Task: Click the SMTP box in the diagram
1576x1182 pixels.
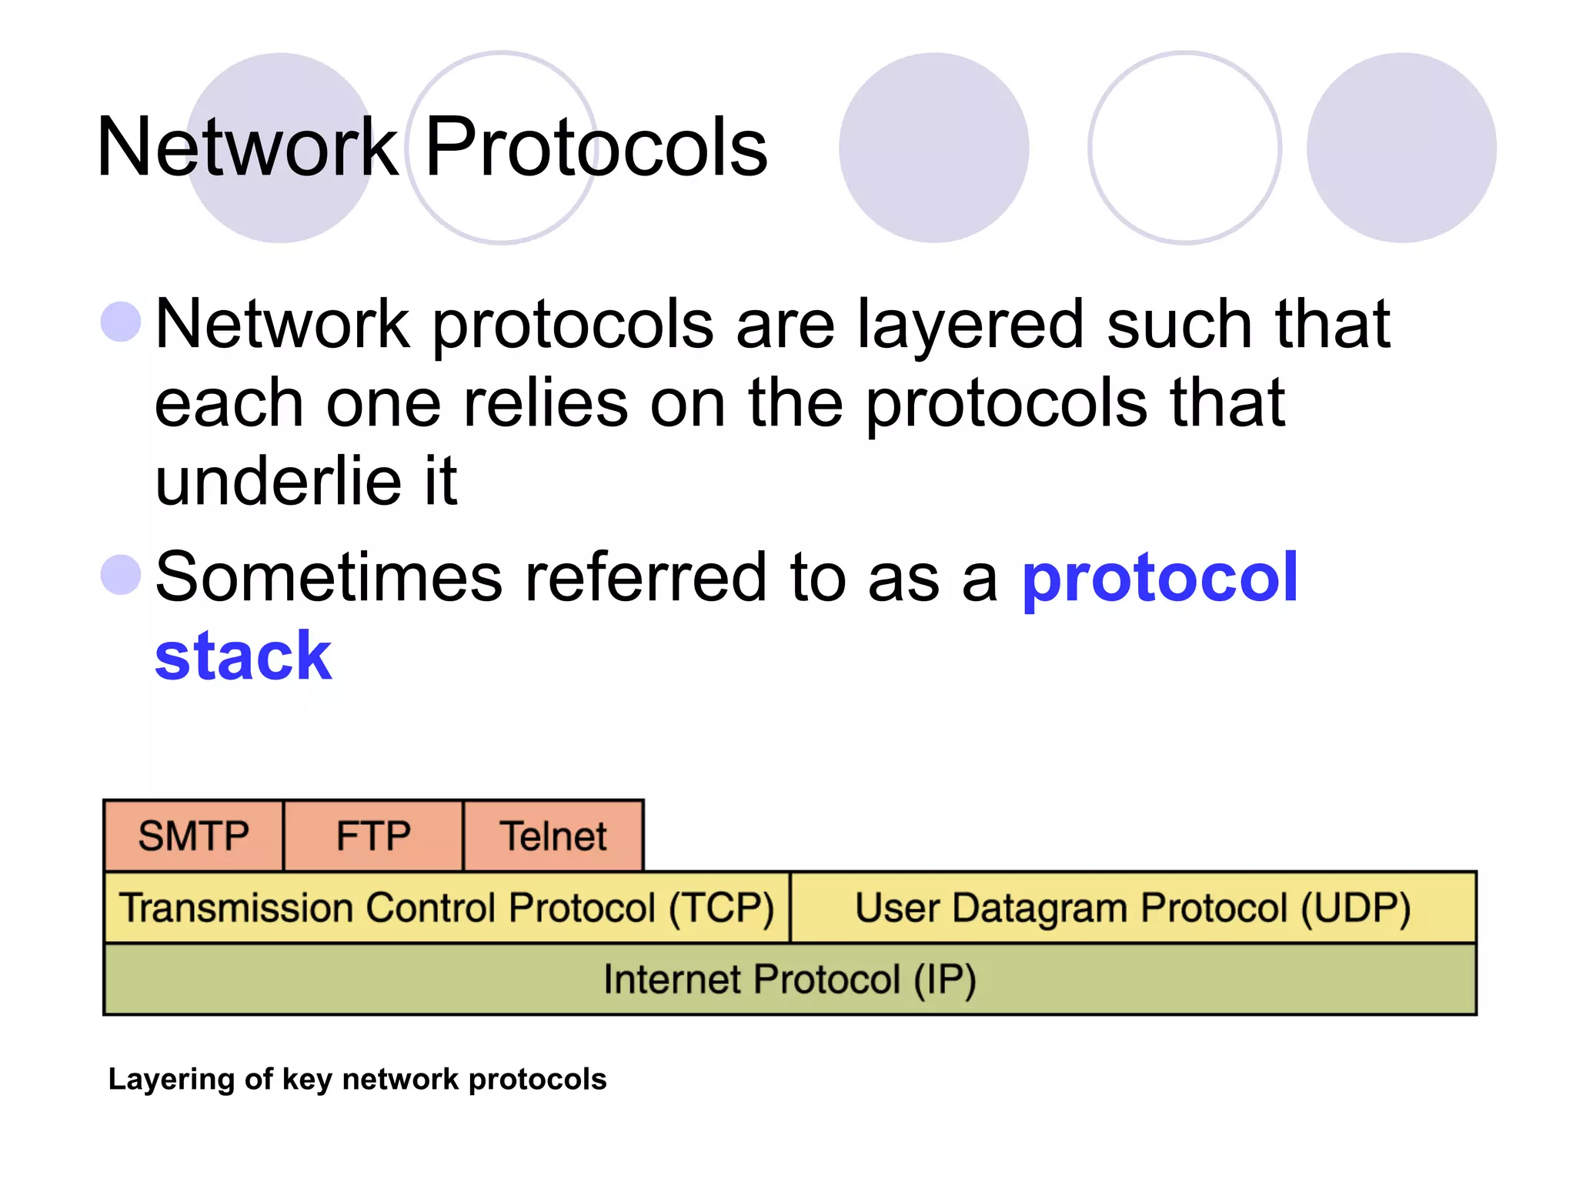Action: point(193,836)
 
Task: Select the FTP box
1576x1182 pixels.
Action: point(373,836)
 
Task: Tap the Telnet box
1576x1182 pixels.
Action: point(553,836)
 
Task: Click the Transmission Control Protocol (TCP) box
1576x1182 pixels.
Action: point(446,908)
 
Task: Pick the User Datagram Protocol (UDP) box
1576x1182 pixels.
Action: point(1133,908)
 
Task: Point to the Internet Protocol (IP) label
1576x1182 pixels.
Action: point(790,980)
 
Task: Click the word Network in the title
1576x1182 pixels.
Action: point(247,147)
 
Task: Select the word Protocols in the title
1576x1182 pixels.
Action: point(596,147)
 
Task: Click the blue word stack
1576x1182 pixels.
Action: point(243,656)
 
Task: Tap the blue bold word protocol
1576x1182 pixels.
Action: point(1160,577)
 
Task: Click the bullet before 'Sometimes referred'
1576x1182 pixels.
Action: point(121,575)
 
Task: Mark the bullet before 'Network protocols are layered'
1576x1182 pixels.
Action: point(121,321)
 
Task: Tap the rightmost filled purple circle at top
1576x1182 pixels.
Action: point(1401,148)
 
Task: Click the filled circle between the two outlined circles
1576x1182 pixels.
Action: point(933,148)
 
